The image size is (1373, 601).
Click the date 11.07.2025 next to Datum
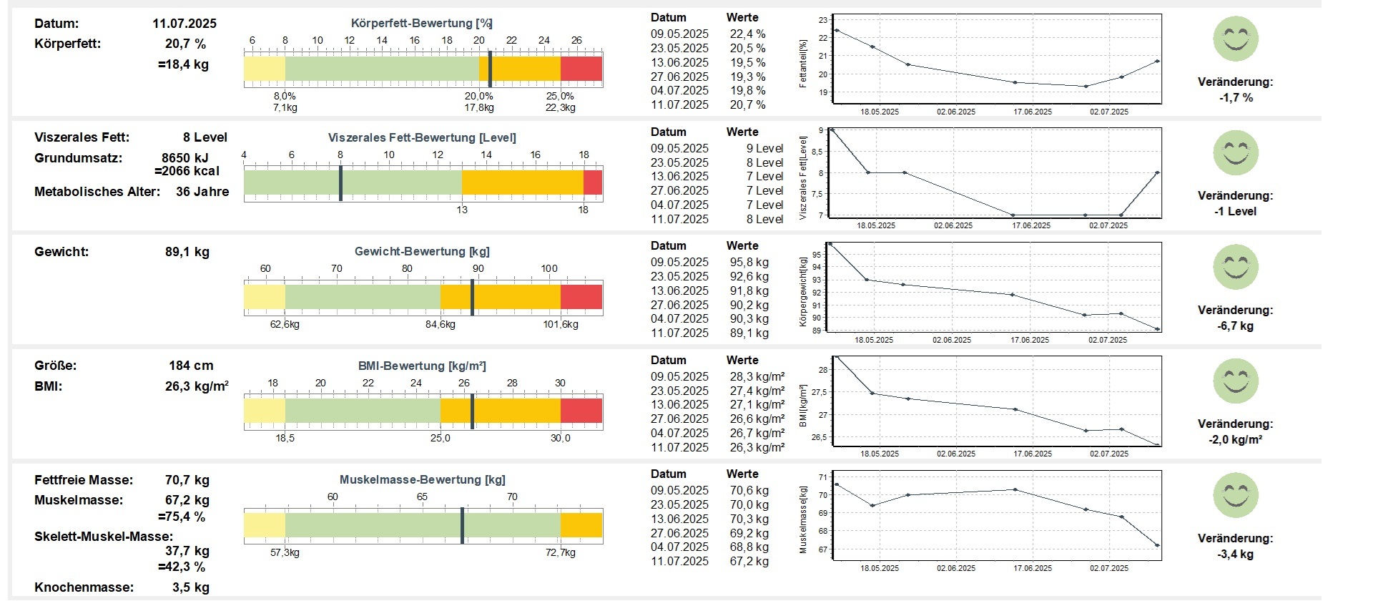click(184, 24)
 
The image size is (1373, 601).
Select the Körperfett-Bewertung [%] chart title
click(422, 24)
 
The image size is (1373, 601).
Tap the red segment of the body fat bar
click(581, 69)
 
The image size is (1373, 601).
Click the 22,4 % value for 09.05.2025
click(747, 34)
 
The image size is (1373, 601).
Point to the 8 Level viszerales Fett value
click(205, 137)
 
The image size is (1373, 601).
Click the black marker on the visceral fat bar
click(340, 183)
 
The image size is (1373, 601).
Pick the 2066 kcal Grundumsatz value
click(187, 171)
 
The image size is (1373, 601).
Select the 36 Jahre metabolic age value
click(202, 192)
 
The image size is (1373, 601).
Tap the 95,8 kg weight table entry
click(749, 263)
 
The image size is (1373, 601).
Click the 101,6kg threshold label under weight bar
click(561, 324)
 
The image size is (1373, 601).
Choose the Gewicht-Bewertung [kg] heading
click(422, 252)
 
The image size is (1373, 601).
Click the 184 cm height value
click(191, 366)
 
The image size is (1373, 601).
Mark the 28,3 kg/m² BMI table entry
click(757, 377)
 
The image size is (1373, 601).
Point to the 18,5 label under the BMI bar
click(285, 438)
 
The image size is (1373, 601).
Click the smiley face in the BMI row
click(1235, 381)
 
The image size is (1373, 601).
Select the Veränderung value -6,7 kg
click(1235, 326)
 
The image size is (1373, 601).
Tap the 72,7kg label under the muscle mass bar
click(560, 552)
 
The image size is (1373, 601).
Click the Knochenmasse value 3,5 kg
click(190, 587)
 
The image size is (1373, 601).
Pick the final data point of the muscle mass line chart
click(1157, 546)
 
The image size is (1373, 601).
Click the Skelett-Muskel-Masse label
click(104, 537)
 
